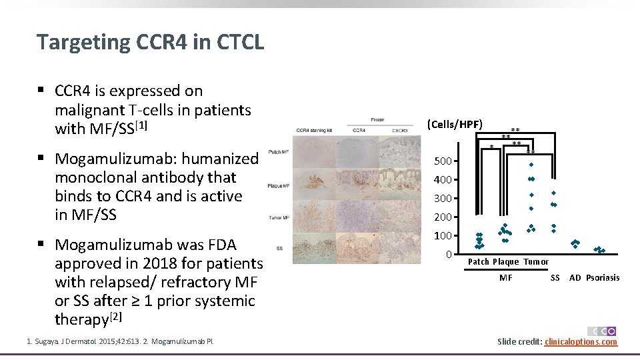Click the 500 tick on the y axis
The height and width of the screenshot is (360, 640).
[x=443, y=161]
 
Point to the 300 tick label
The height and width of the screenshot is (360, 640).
[x=443, y=198]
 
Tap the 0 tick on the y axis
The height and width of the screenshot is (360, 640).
[x=449, y=254]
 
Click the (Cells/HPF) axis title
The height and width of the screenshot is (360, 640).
[x=455, y=124]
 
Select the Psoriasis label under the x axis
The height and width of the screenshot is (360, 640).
[x=603, y=277]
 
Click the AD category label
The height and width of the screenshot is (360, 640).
[x=575, y=277]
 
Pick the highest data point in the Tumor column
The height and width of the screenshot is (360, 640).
[x=531, y=164]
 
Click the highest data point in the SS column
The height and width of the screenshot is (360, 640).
[x=553, y=193]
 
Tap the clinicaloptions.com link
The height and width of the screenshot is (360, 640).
[x=581, y=342]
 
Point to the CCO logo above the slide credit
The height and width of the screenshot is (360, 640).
[x=602, y=331]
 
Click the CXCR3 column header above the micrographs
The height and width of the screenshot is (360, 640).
[x=400, y=130]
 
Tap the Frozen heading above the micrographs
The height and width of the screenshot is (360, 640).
[x=377, y=120]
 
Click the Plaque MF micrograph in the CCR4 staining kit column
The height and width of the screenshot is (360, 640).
[x=313, y=185]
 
